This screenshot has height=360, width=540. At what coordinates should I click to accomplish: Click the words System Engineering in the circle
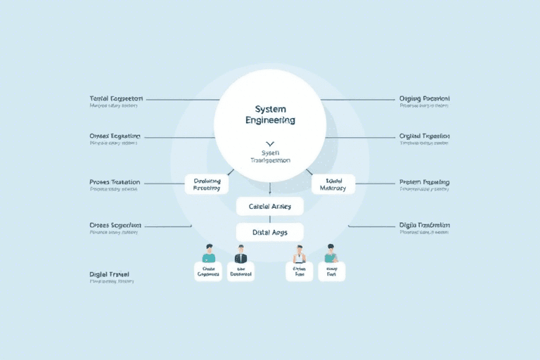pos(270,115)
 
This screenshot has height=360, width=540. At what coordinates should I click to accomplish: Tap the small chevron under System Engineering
pos(270,143)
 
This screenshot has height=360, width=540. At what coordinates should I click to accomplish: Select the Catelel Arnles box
pos(269,206)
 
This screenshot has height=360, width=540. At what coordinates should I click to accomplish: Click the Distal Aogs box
pos(269,231)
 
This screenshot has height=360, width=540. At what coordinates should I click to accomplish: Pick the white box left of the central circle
pos(207,184)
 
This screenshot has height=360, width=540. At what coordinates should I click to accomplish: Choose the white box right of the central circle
pos(333,184)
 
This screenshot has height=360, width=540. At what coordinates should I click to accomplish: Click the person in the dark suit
pos(240,254)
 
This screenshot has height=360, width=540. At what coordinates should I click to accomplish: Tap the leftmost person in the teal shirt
pos(208,254)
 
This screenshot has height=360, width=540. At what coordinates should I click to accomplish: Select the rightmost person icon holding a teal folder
pos(330,254)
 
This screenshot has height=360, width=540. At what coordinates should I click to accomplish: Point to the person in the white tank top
pos(299,254)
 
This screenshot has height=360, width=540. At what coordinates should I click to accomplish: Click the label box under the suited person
pos(240,272)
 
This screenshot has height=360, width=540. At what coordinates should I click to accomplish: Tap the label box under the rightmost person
pos(331,272)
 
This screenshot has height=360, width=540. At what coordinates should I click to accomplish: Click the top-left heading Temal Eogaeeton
pos(116,99)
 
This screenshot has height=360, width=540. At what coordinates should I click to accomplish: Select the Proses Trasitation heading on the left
pos(115,182)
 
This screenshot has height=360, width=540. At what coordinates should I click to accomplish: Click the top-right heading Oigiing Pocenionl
pos(424,99)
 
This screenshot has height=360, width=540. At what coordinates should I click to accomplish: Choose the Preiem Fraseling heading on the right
pos(424,182)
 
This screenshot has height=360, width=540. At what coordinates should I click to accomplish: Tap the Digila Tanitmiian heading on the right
pos(425,225)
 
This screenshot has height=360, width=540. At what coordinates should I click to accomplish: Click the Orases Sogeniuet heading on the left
pos(115,225)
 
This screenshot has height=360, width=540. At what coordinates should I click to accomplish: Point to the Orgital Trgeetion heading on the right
pos(424,136)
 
